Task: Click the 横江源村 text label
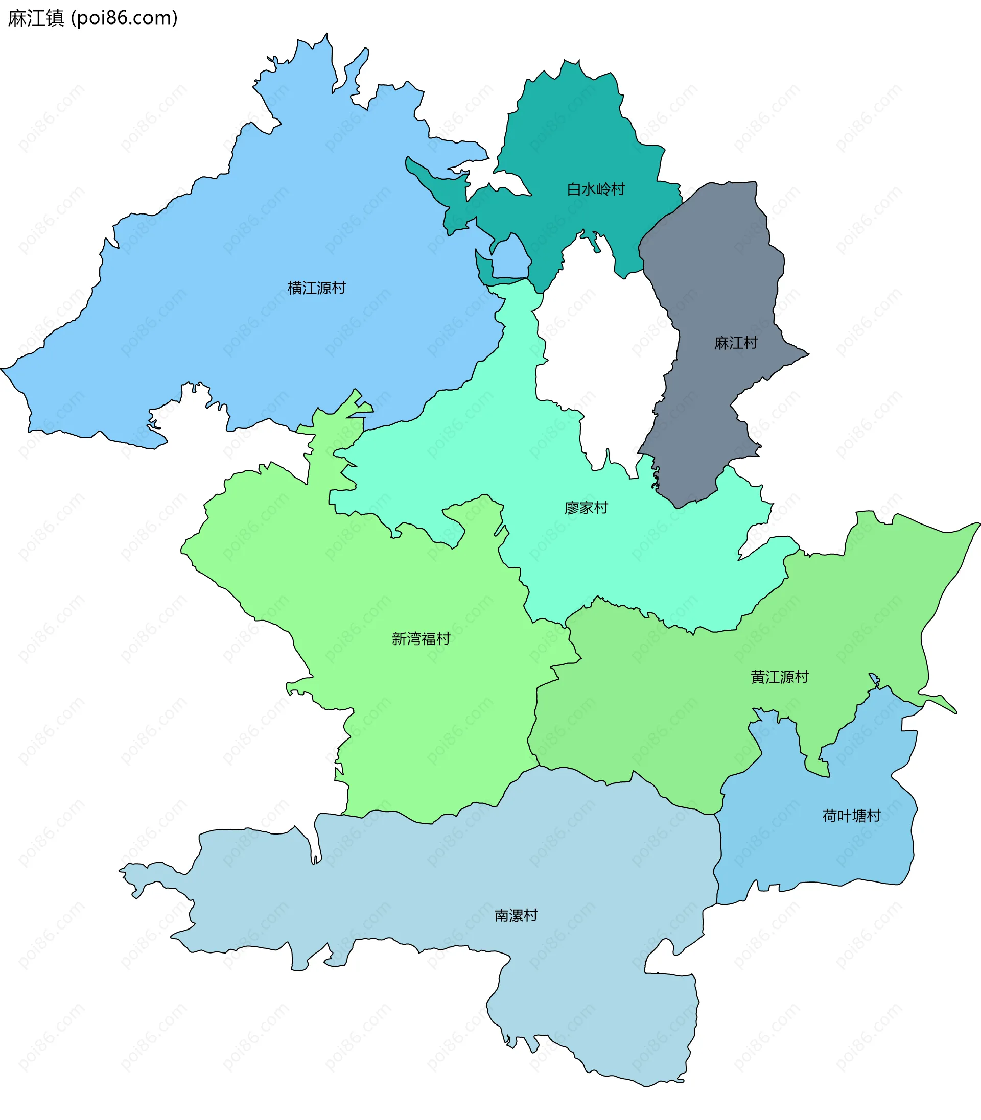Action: click(x=316, y=288)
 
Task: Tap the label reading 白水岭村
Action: click(x=596, y=189)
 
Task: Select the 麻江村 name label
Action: click(x=736, y=343)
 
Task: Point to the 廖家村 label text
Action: click(x=586, y=508)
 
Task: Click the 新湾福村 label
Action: click(x=421, y=638)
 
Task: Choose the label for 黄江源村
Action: click(x=780, y=677)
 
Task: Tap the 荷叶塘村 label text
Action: click(x=851, y=816)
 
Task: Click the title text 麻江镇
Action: click(x=36, y=18)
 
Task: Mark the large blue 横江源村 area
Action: click(x=246, y=246)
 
